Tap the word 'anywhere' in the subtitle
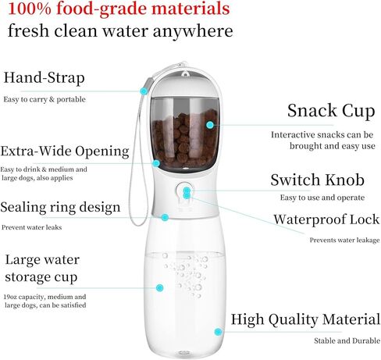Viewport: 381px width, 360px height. click(193, 31)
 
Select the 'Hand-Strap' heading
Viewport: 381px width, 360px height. click(44, 78)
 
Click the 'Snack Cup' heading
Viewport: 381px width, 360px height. click(331, 111)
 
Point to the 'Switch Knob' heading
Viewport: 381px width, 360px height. click(317, 180)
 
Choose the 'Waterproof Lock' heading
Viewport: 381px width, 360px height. click(326, 219)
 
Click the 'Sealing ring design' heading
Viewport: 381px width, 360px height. click(60, 208)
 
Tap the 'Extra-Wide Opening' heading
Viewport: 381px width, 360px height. click(65, 151)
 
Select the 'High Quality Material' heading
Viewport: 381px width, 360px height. click(305, 319)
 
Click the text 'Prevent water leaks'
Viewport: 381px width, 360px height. click(32, 227)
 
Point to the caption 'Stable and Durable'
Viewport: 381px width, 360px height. click(347, 340)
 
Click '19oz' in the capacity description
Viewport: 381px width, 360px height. click(10, 297)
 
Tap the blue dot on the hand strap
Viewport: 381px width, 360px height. click(144, 91)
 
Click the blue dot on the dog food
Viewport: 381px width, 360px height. click(210, 125)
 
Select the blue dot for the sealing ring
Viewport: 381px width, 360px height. click(165, 217)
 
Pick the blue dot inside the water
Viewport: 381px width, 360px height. click(159, 288)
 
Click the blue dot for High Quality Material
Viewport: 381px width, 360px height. click(218, 332)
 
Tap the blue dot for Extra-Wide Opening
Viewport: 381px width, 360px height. click(156, 163)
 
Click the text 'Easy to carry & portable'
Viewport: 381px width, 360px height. click(45, 99)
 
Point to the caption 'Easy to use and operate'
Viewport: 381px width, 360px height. click(322, 198)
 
